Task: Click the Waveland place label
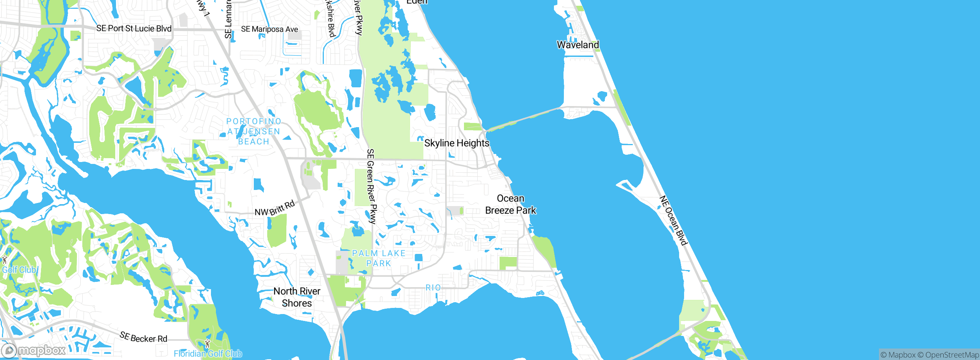point(578,45)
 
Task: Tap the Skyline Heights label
point(457,143)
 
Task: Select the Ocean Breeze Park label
point(511,205)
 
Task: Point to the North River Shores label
point(297,297)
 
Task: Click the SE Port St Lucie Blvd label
point(134,28)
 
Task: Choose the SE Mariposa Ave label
point(269,29)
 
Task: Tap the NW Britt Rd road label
point(274,208)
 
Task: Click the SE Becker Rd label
point(143,337)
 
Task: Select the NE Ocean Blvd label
point(673,220)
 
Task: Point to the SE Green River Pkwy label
point(371,186)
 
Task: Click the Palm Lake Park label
point(379,258)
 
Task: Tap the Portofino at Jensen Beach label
point(254,131)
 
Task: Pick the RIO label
point(433,288)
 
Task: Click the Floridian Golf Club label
point(208,353)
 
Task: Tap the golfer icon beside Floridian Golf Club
point(207,344)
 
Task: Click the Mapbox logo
point(34,350)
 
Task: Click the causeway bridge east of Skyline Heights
point(524,119)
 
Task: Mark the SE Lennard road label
point(229,19)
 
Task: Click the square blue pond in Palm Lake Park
point(418,257)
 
